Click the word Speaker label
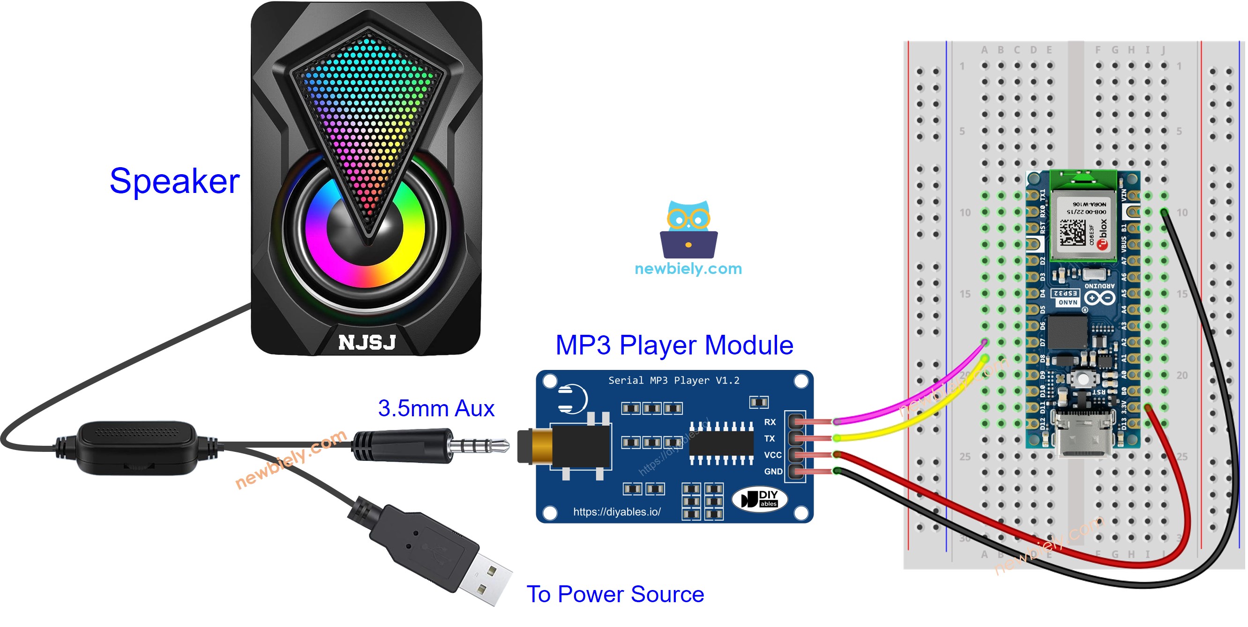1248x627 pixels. tap(174, 181)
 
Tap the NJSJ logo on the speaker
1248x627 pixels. tap(367, 342)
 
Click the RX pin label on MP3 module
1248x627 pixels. tap(770, 422)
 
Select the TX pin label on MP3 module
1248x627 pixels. tap(770, 438)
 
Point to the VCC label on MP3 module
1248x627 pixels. tap(772, 455)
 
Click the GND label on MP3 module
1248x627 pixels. tap(773, 471)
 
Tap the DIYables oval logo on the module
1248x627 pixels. tap(759, 499)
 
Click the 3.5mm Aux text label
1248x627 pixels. tap(435, 408)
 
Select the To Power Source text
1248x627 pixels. tap(615, 594)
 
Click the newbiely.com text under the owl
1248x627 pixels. tap(688, 268)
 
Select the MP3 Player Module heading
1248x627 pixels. tap(674, 345)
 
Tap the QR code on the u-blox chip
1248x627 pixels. tap(1072, 232)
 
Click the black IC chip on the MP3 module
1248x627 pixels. tap(721, 443)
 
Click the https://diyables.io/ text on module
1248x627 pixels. tap(616, 512)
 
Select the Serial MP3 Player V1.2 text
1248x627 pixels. tap(673, 380)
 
